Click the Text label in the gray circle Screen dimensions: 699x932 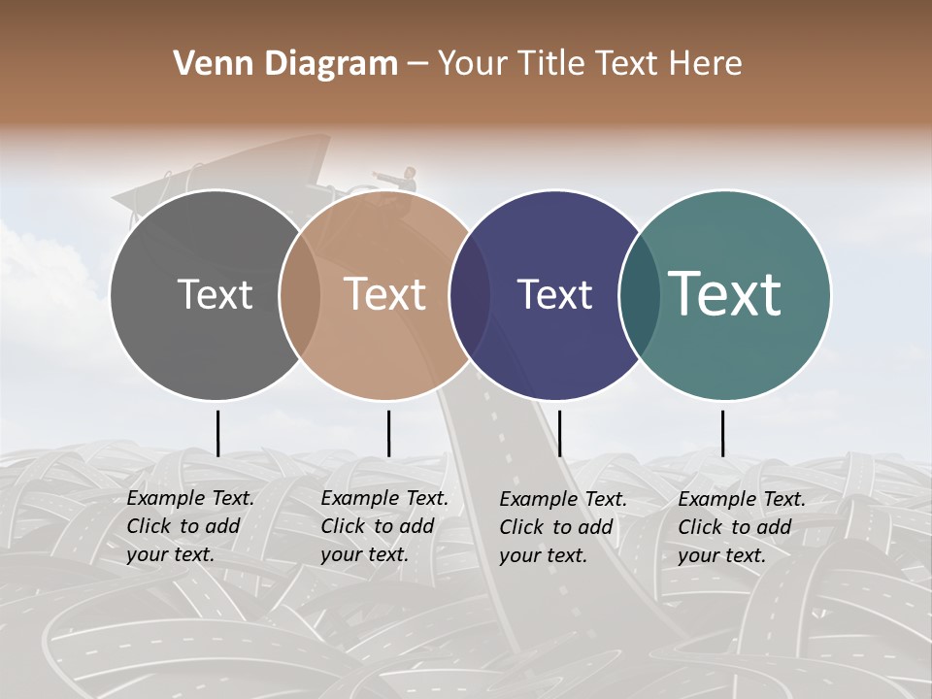215,294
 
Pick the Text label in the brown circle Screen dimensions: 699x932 384,294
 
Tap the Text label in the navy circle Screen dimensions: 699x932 554,294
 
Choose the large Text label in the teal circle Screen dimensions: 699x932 724,293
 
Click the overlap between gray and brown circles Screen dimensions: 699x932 300,294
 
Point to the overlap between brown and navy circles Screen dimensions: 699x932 470,294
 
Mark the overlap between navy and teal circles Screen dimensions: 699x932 640,294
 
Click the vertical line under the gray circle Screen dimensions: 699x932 217,433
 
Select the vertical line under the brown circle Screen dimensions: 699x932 388,433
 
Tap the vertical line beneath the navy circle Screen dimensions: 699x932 559,433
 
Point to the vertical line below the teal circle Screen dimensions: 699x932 722,433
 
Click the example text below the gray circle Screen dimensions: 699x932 189,526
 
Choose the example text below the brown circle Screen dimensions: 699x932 383,526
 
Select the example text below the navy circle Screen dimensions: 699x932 562,527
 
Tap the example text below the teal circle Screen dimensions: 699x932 741,527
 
